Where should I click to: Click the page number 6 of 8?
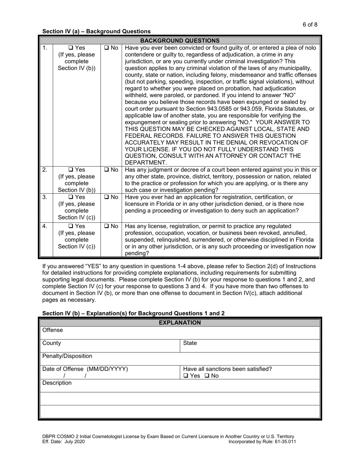click(x=310, y=25)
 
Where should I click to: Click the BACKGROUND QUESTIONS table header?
click(x=180, y=41)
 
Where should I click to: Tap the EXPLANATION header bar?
click(x=180, y=323)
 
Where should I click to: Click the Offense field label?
click(x=53, y=330)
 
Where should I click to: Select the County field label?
click(x=52, y=343)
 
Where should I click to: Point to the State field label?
click(x=190, y=343)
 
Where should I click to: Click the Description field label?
click(x=57, y=383)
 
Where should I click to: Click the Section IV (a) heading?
click(x=96, y=31)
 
